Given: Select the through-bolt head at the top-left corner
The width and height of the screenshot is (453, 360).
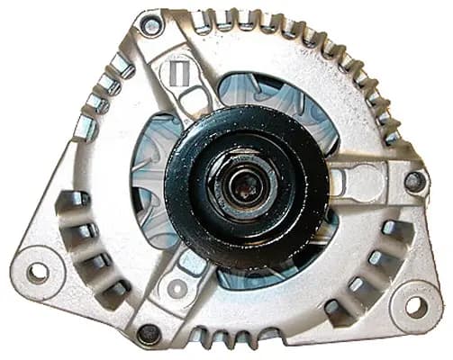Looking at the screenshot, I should (x=150, y=26).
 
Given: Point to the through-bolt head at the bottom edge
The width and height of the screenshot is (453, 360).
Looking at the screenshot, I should (x=149, y=333).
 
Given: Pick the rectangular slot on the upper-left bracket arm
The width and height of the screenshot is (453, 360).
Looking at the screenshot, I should (x=178, y=71).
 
